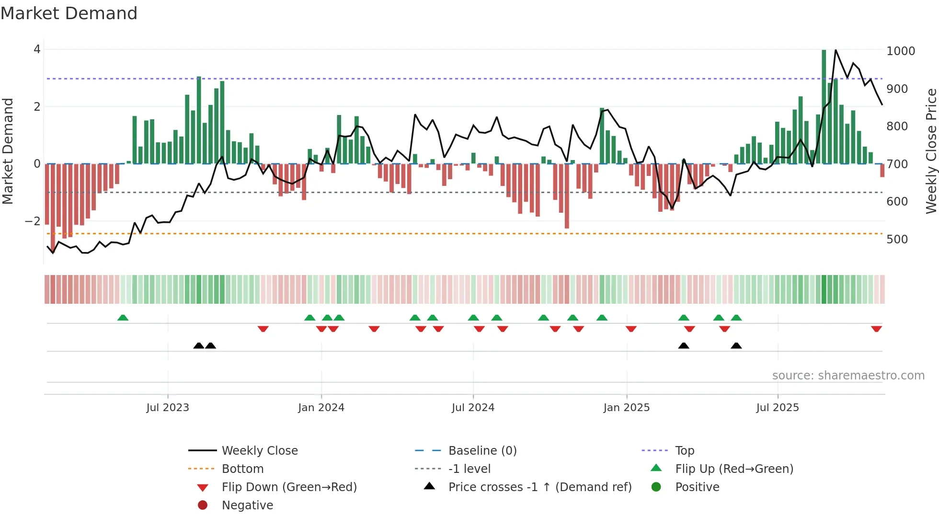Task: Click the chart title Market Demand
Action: tap(69, 13)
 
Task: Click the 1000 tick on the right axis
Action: tap(900, 51)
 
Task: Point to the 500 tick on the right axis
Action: tap(897, 240)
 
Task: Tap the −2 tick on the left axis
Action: tap(33, 221)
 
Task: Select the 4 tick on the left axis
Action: tap(37, 49)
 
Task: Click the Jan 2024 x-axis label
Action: tap(321, 408)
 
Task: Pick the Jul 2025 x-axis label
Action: tap(777, 408)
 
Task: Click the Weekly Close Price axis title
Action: tap(930, 151)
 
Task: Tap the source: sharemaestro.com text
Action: tap(848, 376)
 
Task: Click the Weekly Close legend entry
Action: tap(259, 451)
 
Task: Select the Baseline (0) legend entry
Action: tap(482, 451)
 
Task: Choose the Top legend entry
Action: tap(684, 451)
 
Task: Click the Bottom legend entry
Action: tap(242, 469)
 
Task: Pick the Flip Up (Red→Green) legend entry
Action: tap(733, 469)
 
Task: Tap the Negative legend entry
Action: tap(247, 505)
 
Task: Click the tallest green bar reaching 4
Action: tap(824, 106)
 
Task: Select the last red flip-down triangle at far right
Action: tap(876, 329)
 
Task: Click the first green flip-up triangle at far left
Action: tap(123, 318)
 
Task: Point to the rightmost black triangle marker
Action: tap(736, 345)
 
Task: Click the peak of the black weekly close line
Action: tap(836, 50)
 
